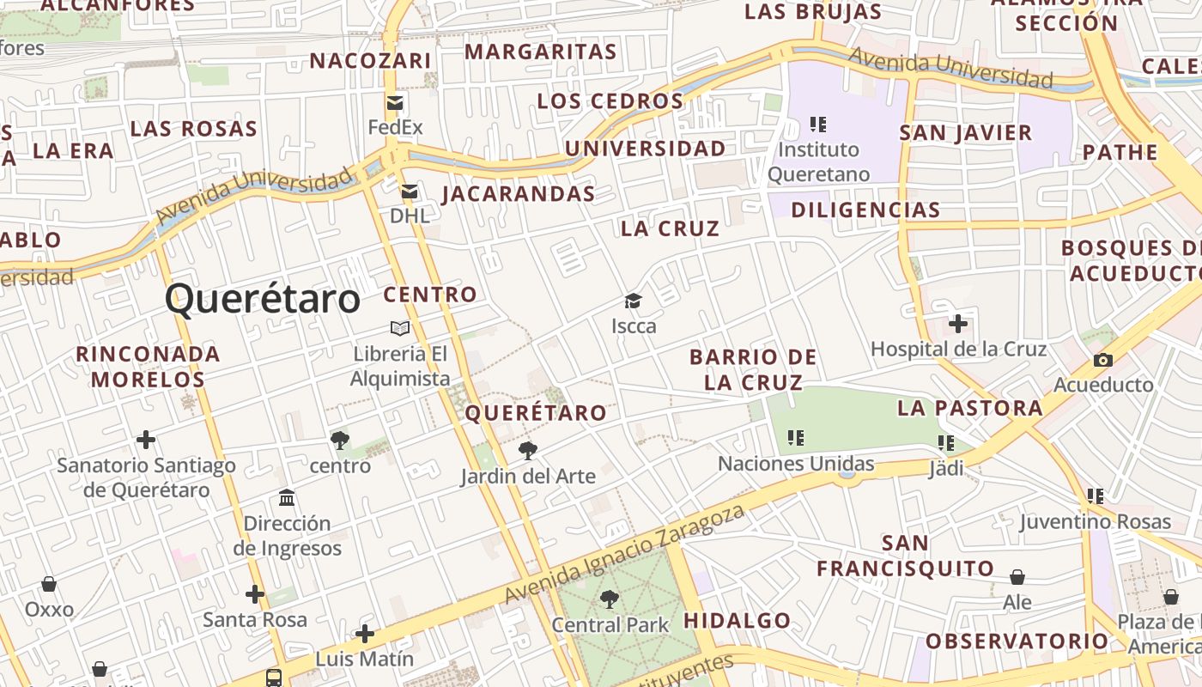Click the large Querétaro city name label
coord(262,300)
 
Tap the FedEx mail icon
coord(395,104)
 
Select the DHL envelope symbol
coord(410,192)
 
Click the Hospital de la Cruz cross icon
coord(958,325)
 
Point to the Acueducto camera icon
coord(1103,361)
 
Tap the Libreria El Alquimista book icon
coord(400,328)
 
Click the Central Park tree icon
coord(610,599)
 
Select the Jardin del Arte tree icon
coord(528,450)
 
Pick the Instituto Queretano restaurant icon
coord(818,125)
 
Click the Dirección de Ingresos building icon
coord(287,498)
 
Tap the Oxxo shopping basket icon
coord(49,585)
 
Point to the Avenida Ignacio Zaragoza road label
coord(624,555)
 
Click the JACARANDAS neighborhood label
coord(519,194)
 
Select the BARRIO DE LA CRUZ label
coord(753,369)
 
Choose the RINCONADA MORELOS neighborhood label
coord(148,366)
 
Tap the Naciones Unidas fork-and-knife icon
coord(796,438)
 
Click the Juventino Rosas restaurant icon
coord(1095,496)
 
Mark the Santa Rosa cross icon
coord(254,593)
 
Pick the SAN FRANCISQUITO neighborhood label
coord(905,556)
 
